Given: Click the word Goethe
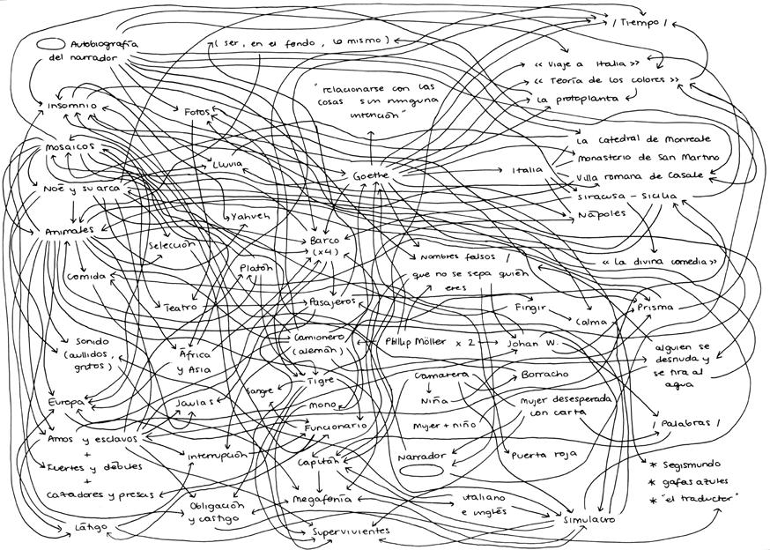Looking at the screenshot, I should (x=371, y=176).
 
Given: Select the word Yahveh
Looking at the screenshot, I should (x=250, y=216).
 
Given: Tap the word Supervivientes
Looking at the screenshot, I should (x=351, y=531).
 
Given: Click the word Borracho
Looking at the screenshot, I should (x=545, y=374).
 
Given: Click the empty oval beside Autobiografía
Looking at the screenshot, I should (x=48, y=42).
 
